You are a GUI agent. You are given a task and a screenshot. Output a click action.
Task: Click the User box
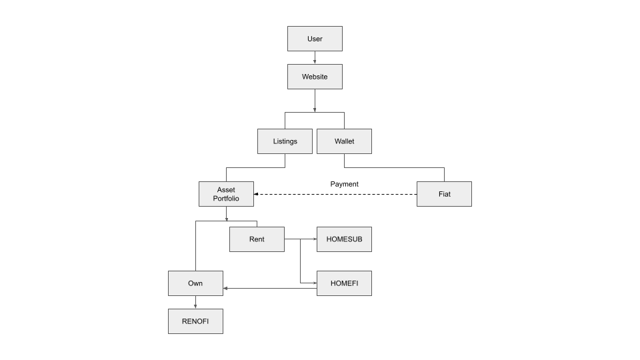pyautogui.click(x=315, y=39)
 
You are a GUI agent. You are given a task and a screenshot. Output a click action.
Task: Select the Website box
pyautogui.click(x=315, y=77)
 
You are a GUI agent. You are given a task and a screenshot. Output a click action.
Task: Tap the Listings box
pyautogui.click(x=285, y=141)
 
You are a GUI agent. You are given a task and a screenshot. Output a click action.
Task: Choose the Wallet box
pyautogui.click(x=344, y=141)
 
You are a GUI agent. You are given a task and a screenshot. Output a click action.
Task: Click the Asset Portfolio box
pyautogui.click(x=226, y=194)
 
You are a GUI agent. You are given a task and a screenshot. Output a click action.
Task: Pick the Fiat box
pyautogui.click(x=444, y=194)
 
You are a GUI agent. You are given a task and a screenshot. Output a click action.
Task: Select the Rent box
pyautogui.click(x=257, y=239)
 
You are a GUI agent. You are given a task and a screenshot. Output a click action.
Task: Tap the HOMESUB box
pyautogui.click(x=344, y=239)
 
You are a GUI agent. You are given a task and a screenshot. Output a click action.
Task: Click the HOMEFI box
pyautogui.click(x=344, y=283)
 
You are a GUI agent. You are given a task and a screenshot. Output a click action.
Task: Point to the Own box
pyautogui.click(x=195, y=283)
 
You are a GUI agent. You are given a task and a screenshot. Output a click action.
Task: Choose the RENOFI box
pyautogui.click(x=195, y=321)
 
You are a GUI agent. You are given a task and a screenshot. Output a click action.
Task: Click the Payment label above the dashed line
pyautogui.click(x=345, y=184)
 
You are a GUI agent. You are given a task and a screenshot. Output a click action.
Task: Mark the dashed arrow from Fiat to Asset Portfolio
pyautogui.click(x=335, y=194)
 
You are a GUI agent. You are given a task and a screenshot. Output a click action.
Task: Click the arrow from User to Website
pyautogui.click(x=315, y=57)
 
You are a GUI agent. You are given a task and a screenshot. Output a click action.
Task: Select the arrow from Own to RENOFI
pyautogui.click(x=195, y=303)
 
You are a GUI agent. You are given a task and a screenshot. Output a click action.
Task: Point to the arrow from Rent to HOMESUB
pyautogui.click(x=301, y=239)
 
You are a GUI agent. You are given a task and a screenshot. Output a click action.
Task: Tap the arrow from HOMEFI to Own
pyautogui.click(x=270, y=289)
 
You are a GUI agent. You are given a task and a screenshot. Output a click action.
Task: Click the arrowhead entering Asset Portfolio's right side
pyautogui.click(x=256, y=194)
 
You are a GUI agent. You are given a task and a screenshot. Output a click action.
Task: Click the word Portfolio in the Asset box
pyautogui.click(x=226, y=199)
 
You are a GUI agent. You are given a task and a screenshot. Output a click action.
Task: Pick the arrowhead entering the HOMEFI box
pyautogui.click(x=315, y=283)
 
